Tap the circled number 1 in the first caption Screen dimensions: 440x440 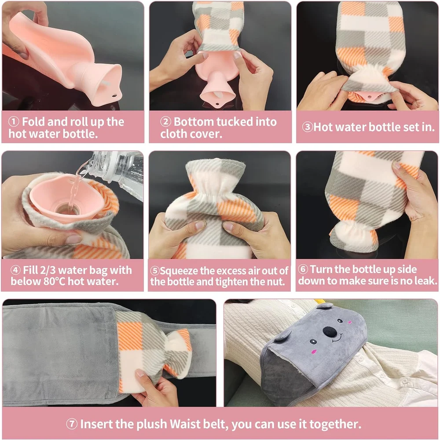click(x=15, y=122)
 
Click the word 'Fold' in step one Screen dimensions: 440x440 click(x=32, y=122)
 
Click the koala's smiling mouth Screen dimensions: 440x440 click(x=335, y=339)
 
